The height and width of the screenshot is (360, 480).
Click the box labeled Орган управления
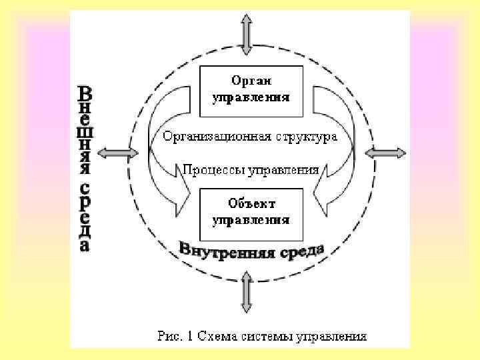click(x=251, y=89)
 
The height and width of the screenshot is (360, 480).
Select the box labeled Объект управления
click(x=251, y=211)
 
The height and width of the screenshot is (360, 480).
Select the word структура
click(x=305, y=137)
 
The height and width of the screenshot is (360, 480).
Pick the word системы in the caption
click(x=266, y=335)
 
